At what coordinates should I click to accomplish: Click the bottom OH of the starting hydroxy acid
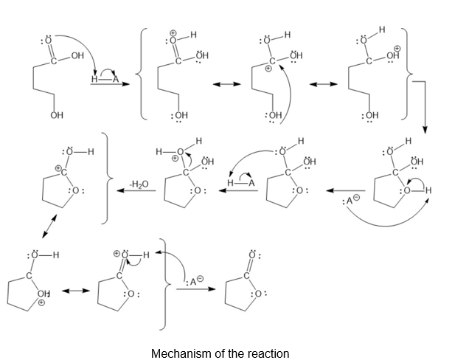pyautogui.click(x=56, y=116)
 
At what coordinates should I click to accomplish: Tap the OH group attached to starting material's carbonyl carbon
pyautogui.click(x=76, y=55)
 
